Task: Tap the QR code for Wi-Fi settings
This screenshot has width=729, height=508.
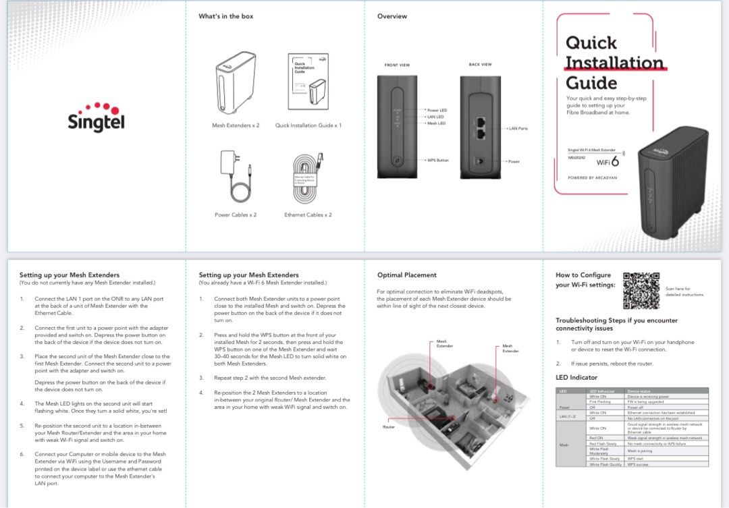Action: [640, 290]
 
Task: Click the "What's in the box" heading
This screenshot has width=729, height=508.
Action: [225, 16]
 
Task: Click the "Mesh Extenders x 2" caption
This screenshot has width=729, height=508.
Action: [236, 125]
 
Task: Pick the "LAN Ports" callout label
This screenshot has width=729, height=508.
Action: [518, 128]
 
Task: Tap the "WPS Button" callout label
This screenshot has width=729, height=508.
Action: [437, 161]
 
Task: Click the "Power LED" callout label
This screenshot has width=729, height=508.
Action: [437, 110]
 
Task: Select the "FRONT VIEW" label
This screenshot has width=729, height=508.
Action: [397, 65]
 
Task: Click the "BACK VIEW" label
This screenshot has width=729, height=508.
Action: [480, 64]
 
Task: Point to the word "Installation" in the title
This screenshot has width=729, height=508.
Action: [614, 63]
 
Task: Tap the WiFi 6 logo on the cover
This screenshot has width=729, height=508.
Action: [607, 161]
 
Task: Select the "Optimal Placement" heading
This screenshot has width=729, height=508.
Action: [406, 275]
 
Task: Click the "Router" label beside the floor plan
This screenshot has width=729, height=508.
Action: [389, 427]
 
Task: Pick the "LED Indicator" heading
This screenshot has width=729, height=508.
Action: [576, 377]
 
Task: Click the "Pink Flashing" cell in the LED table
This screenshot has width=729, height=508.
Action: [600, 402]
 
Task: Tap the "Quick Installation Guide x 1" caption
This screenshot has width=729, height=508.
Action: [308, 125]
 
